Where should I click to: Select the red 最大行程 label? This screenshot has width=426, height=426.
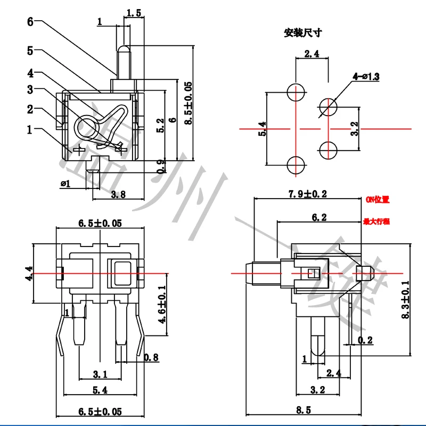pos(376,220)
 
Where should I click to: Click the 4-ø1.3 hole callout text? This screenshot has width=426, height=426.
pos(366,77)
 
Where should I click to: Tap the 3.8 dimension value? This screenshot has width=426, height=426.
pos(118,195)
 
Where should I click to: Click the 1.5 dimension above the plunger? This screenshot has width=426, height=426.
pos(135,13)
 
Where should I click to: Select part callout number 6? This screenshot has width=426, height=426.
pos(30,22)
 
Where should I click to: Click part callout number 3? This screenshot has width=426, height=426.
pos(30,89)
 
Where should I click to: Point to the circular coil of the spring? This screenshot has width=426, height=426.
pos(86,128)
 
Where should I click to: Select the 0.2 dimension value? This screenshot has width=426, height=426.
pos(365,340)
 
